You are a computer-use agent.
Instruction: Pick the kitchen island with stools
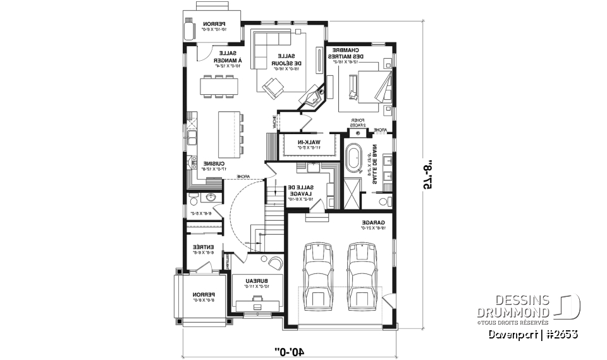[230, 130]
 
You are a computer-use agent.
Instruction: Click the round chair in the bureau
[275, 262]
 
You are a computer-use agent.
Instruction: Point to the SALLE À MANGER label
[224, 58]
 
